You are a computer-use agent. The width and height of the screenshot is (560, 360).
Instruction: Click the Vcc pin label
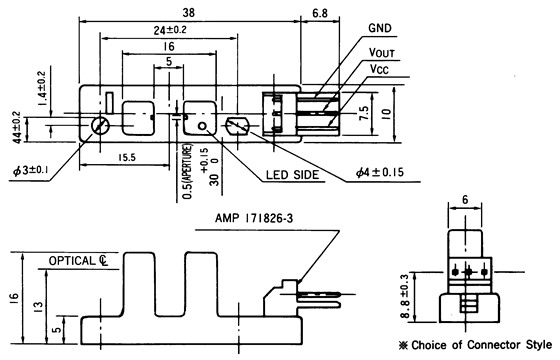pos(380,70)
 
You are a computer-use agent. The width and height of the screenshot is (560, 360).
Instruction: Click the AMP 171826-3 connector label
pos(260,217)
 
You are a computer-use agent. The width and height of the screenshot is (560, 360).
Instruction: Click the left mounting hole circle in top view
pos(100,125)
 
